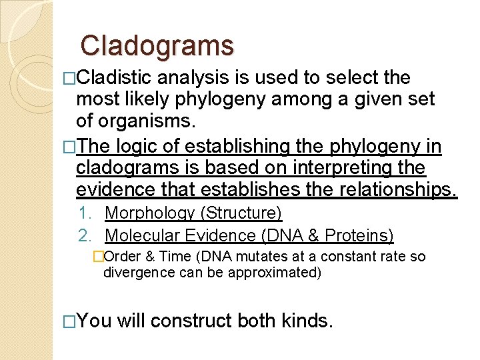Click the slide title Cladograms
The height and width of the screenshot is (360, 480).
coord(157,46)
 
